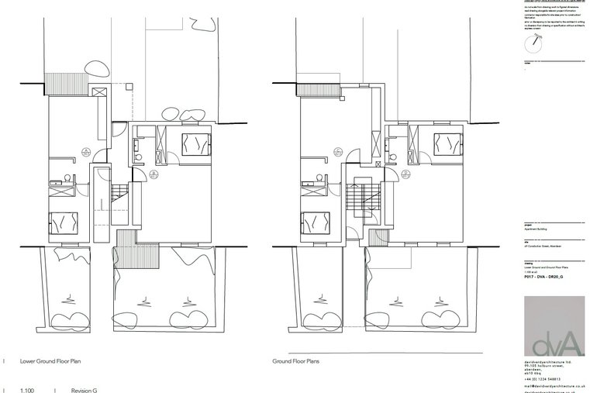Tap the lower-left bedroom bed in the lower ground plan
coord(61,222)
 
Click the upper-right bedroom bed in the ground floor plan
coord(448,143)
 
